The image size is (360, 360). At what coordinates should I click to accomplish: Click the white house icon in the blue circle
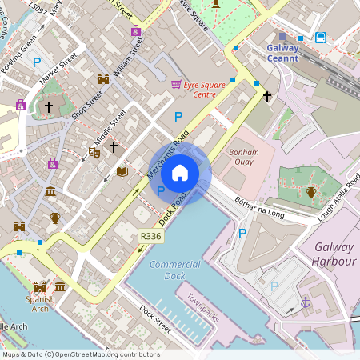click(x=180, y=173)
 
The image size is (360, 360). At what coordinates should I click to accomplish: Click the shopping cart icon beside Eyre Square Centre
click(x=176, y=83)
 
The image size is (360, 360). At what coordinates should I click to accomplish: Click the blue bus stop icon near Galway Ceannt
click(x=321, y=37)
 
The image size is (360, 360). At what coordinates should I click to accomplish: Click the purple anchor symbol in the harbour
click(x=304, y=302)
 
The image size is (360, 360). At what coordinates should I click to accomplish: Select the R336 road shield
click(x=150, y=236)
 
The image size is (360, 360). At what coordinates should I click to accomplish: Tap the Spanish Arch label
click(x=40, y=305)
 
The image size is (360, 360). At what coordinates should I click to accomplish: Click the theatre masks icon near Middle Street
click(x=94, y=152)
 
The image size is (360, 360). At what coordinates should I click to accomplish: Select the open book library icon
click(x=122, y=171)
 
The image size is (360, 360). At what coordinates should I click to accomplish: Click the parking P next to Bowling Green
click(x=36, y=62)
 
